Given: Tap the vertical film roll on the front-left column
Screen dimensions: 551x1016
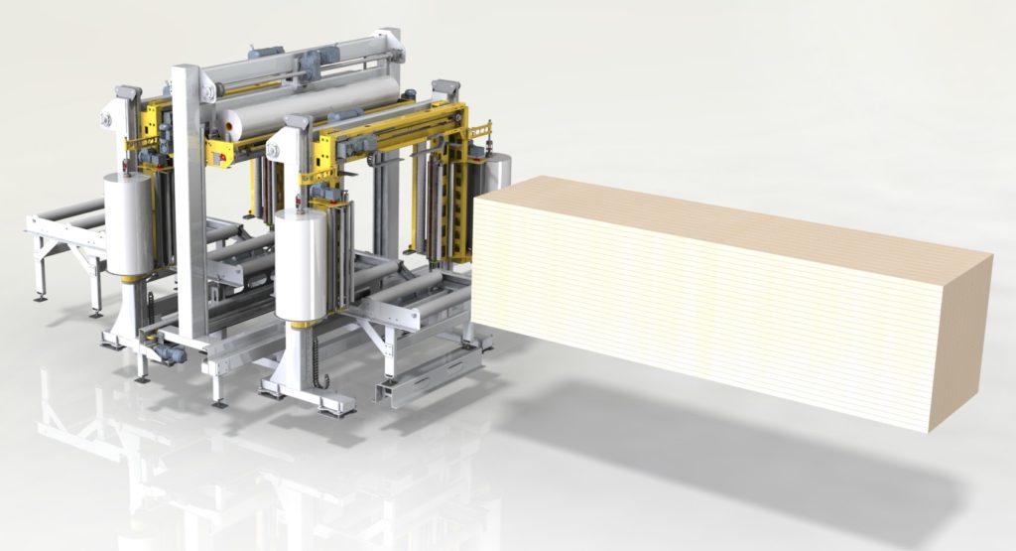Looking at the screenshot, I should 129,223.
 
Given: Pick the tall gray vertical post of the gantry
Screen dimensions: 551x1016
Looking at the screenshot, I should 189,199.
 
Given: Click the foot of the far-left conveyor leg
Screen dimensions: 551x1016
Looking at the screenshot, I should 40,295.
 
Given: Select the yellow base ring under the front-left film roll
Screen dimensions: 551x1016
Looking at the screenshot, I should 129,275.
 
